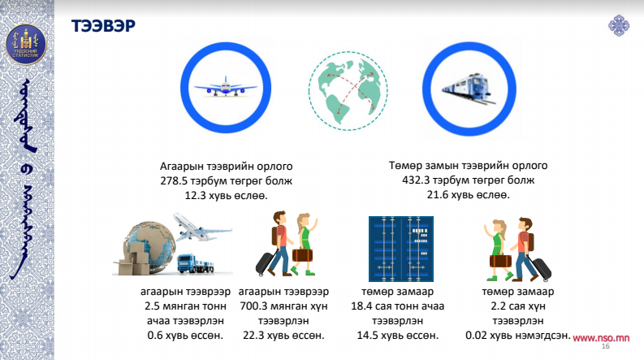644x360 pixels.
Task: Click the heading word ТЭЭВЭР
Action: (x=103, y=25)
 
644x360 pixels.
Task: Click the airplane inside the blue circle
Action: (x=226, y=86)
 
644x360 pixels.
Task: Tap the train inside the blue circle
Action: (x=469, y=89)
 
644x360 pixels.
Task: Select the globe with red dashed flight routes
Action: (x=348, y=91)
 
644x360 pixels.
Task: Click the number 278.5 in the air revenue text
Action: (x=173, y=181)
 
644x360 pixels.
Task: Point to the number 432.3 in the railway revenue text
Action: (x=416, y=180)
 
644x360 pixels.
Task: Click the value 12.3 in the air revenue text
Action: (x=195, y=196)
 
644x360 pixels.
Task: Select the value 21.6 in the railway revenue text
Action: (x=438, y=195)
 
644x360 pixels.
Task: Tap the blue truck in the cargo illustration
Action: (x=196, y=264)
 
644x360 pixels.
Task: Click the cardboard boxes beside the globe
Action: (x=133, y=259)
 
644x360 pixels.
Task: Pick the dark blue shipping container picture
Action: (x=401, y=249)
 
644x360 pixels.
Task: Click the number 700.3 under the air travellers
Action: (x=253, y=306)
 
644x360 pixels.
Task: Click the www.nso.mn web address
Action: (x=601, y=338)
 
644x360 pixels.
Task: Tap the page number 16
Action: (x=605, y=346)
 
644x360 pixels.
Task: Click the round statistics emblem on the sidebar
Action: (x=26, y=44)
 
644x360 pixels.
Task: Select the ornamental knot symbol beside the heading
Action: (x=619, y=25)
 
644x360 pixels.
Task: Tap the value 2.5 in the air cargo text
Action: (x=152, y=306)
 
